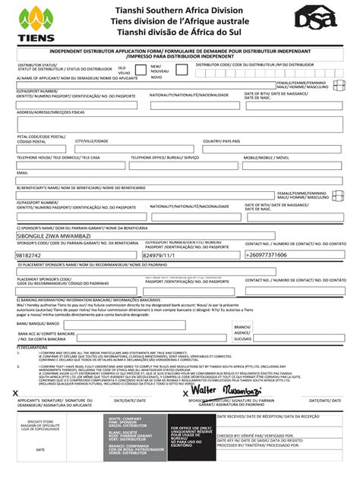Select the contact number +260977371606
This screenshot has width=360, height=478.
point(267,255)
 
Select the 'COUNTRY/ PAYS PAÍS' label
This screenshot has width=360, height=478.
point(221,141)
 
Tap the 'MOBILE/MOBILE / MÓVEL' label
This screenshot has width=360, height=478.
point(267,157)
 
